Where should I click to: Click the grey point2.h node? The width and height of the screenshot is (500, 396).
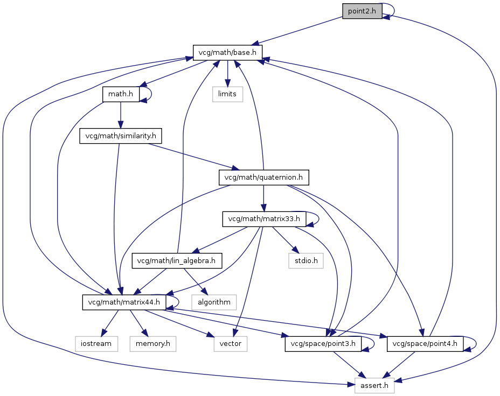point(362,11)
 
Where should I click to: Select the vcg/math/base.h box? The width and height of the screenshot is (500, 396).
point(227,53)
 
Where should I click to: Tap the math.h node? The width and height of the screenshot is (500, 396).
point(121,94)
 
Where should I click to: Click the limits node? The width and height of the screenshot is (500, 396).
point(227,94)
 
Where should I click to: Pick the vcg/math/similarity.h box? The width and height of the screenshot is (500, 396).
point(121,136)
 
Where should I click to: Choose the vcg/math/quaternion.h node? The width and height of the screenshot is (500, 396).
point(263,178)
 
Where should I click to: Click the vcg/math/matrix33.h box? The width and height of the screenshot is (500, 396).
point(264,219)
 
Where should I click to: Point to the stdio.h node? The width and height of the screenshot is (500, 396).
point(306,261)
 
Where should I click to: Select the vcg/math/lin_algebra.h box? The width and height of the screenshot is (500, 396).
point(177,261)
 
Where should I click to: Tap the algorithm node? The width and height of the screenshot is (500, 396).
point(214,302)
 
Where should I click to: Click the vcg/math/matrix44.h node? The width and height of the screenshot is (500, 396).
point(124,302)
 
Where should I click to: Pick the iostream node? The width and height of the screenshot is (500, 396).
point(96,344)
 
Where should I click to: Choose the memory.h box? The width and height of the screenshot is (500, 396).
point(152,344)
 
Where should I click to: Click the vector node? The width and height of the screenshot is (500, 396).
point(230,344)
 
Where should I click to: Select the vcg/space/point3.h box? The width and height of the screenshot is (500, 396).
point(323,344)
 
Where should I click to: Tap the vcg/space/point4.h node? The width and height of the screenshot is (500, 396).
point(425,344)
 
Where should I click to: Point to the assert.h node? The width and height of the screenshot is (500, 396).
point(374,385)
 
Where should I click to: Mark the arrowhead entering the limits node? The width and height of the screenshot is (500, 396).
point(227,83)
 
